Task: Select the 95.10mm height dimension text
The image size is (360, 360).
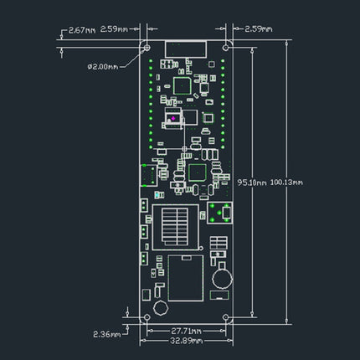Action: coord(252,181)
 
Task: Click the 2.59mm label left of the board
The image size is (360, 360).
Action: coord(115,28)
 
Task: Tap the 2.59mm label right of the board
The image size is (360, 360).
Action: coord(255,28)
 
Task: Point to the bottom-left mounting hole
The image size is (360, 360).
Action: coord(146,318)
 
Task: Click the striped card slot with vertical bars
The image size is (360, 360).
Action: coord(173,224)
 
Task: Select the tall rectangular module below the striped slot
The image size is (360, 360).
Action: coord(184,277)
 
